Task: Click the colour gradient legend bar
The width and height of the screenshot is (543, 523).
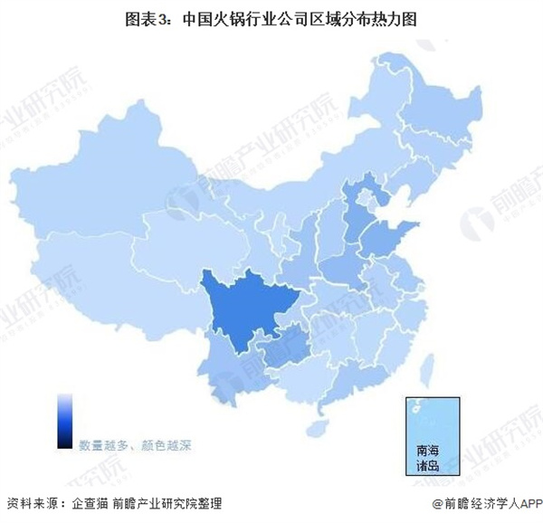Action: click(64, 420)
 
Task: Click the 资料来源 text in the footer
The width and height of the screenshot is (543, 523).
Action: click(32, 504)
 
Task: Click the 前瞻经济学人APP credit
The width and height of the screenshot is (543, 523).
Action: click(489, 504)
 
